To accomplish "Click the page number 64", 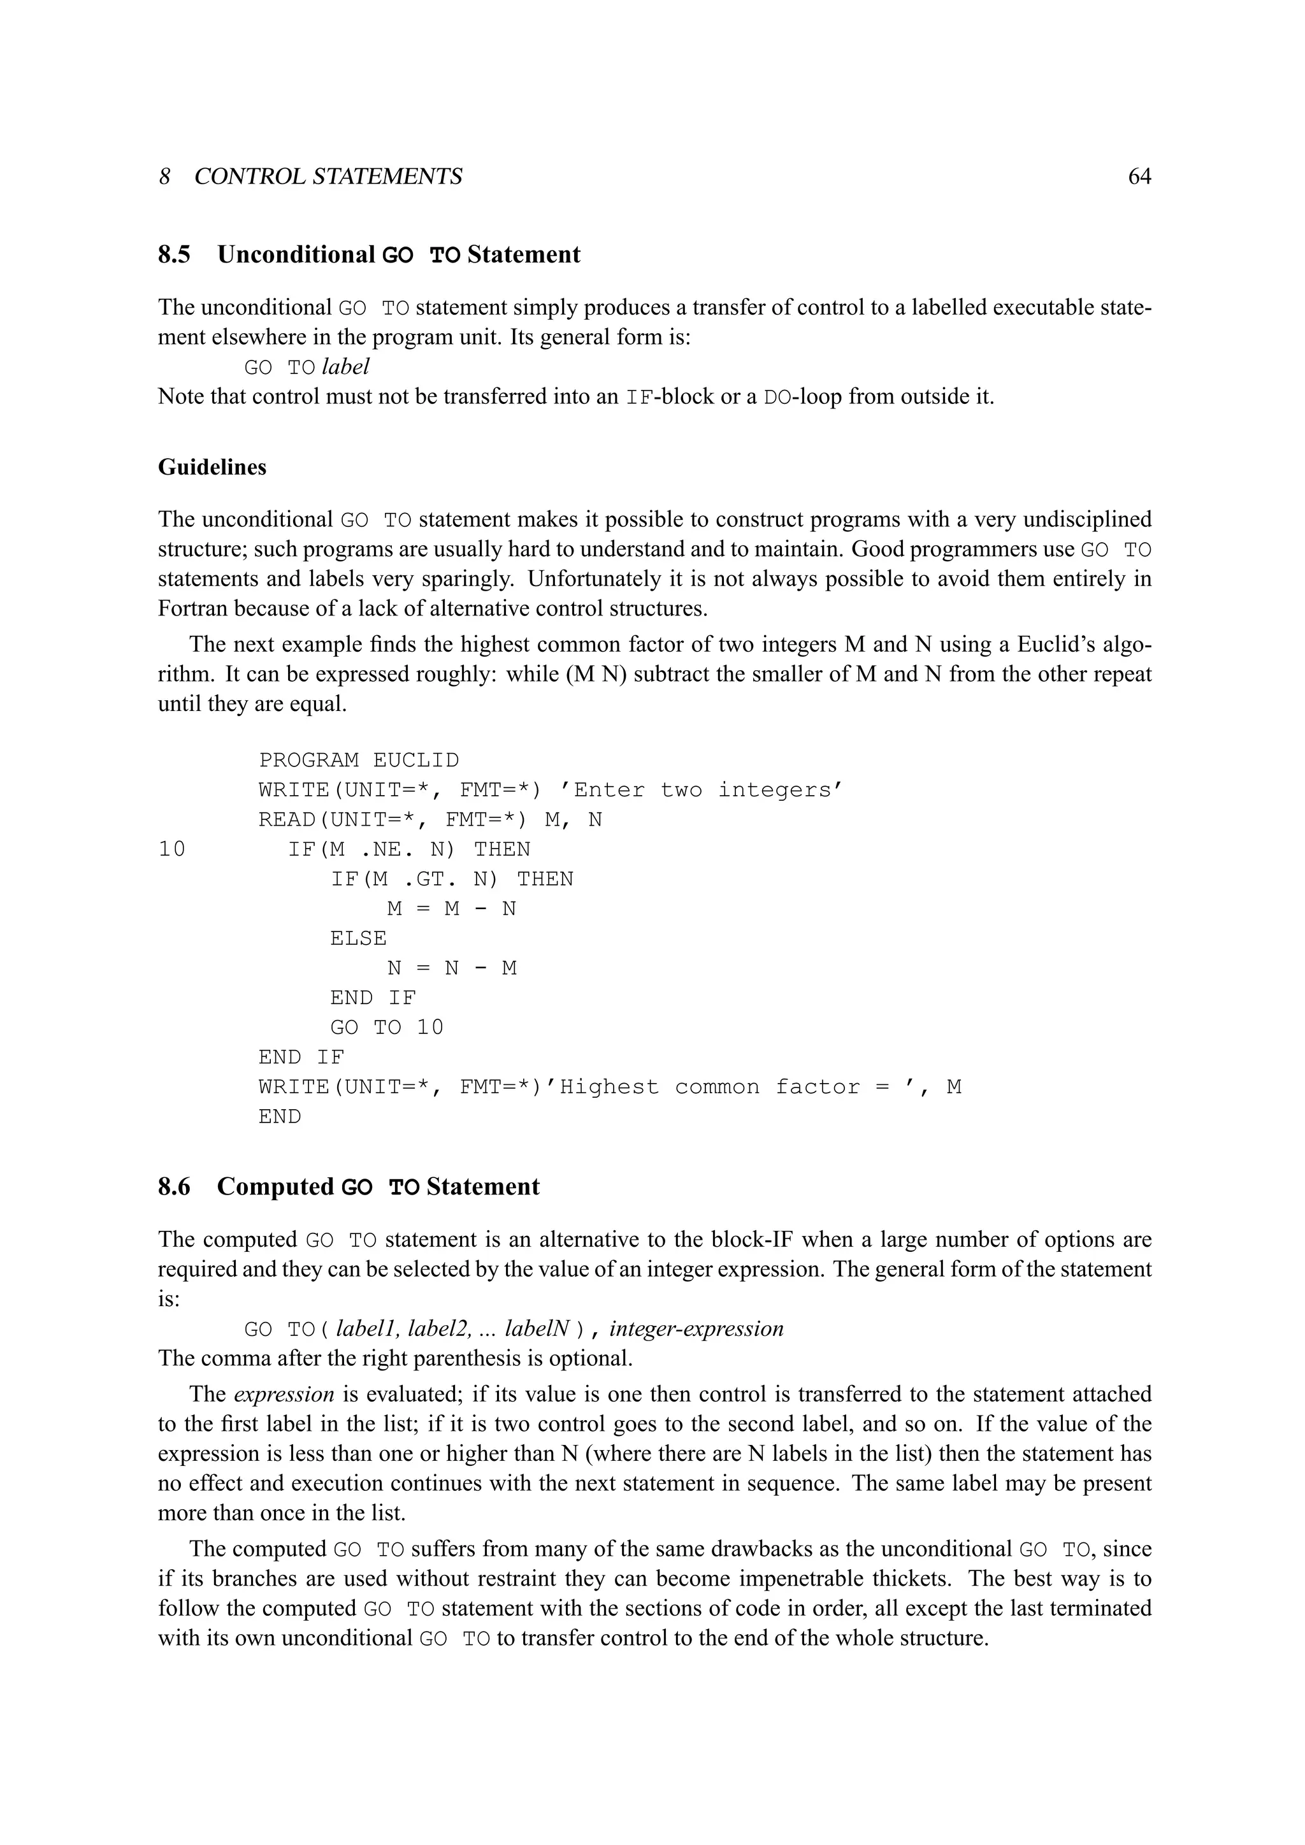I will pyautogui.click(x=1139, y=176).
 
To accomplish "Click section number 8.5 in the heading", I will pyautogui.click(x=175, y=255).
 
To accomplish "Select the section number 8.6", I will pyautogui.click(x=175, y=1187).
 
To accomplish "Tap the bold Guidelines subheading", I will pyautogui.click(x=212, y=467).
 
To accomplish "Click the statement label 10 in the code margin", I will pyautogui.click(x=172, y=849).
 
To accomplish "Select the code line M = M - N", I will pyautogui.click(x=452, y=909).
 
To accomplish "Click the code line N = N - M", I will pyautogui.click(x=452, y=968).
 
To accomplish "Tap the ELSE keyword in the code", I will pyautogui.click(x=358, y=938).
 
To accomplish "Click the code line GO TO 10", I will pyautogui.click(x=387, y=1028).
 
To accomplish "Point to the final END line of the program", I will pyautogui.click(x=280, y=1117).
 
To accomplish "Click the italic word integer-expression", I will pyautogui.click(x=696, y=1328).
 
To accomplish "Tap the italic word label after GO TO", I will pyautogui.click(x=345, y=367).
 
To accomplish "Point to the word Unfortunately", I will pyautogui.click(x=597, y=578).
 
